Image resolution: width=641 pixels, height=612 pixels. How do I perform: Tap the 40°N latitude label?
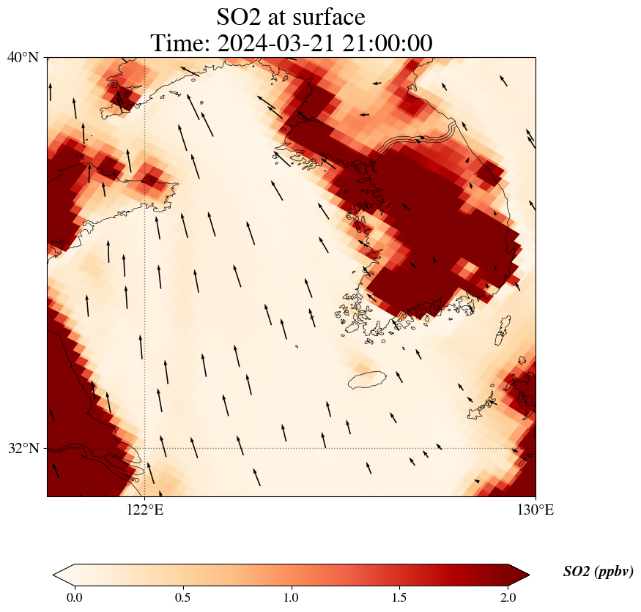pos(23,57)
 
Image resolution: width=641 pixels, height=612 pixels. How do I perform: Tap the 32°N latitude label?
pos(23,448)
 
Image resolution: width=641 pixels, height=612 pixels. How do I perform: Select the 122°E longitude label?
pos(144,510)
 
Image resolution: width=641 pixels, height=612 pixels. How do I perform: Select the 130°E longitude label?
pos(536,510)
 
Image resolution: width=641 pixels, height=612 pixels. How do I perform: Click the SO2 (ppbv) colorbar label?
pos(598,572)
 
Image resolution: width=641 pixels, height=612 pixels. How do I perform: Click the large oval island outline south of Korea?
pos(367,380)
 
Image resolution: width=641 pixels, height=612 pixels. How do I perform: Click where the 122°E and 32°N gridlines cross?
pos(144,448)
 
